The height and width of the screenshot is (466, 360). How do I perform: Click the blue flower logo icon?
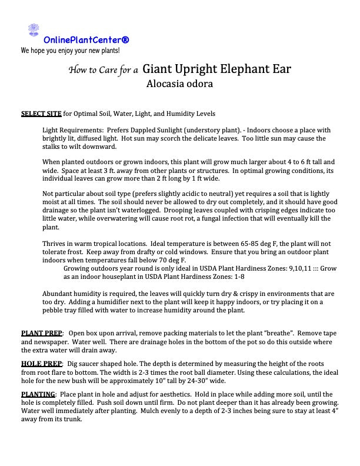tap(34, 30)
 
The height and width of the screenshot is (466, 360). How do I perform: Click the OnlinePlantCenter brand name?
tap(86, 40)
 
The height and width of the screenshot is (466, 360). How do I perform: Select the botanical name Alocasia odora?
tap(179, 84)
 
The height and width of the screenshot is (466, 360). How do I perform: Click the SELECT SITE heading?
tap(41, 113)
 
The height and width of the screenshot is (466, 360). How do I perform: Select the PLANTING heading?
tap(39, 394)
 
